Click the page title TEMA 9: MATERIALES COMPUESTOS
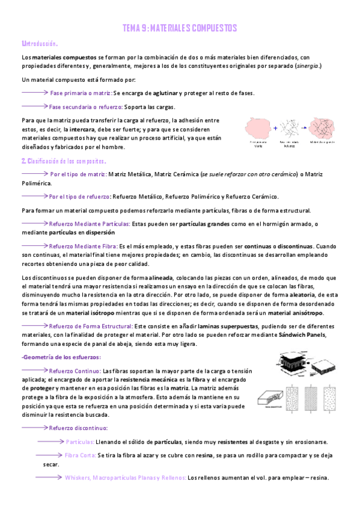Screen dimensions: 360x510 (x=180, y=28)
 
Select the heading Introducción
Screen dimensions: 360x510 (x=40, y=44)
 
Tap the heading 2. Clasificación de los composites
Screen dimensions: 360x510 (x=64, y=161)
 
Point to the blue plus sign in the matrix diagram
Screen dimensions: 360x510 (x=275, y=128)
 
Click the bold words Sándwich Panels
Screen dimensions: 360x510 (x=302, y=335)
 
